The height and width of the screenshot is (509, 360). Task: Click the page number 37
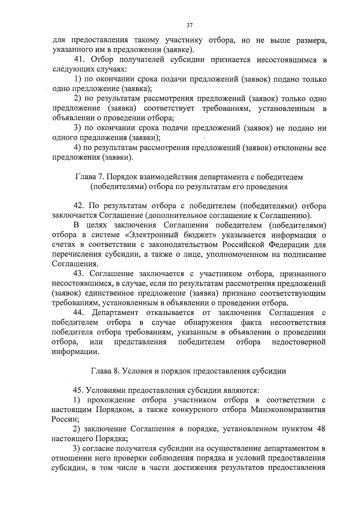(x=189, y=25)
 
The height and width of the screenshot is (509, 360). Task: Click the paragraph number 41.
(x=79, y=60)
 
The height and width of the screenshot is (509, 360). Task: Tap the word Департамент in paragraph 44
(x=115, y=313)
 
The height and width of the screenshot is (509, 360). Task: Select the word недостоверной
(x=298, y=342)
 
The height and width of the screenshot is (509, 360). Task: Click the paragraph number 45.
(x=79, y=390)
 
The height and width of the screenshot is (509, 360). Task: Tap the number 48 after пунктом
(x=321, y=429)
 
